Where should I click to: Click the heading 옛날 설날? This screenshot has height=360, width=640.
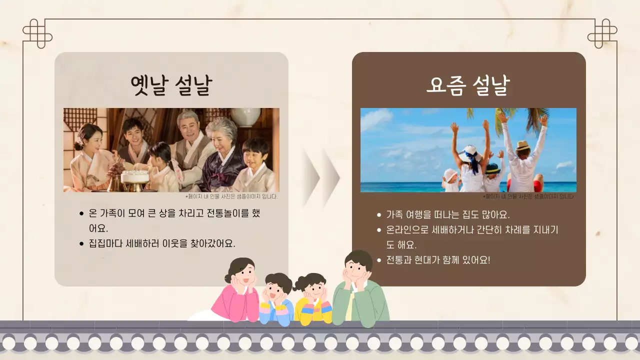click(x=171, y=85)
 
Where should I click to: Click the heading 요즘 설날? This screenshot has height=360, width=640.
click(x=468, y=85)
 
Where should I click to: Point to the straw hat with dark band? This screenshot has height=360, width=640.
click(x=522, y=146)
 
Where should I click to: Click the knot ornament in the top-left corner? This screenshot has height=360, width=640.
click(x=37, y=33)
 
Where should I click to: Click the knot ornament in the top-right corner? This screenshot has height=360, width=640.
click(x=602, y=33)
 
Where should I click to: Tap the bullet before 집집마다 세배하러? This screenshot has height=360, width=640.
click(x=81, y=244)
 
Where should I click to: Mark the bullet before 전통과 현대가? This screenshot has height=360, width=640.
click(x=379, y=260)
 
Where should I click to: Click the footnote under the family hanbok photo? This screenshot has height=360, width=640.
click(x=231, y=196)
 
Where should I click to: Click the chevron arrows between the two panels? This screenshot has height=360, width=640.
click(x=320, y=177)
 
